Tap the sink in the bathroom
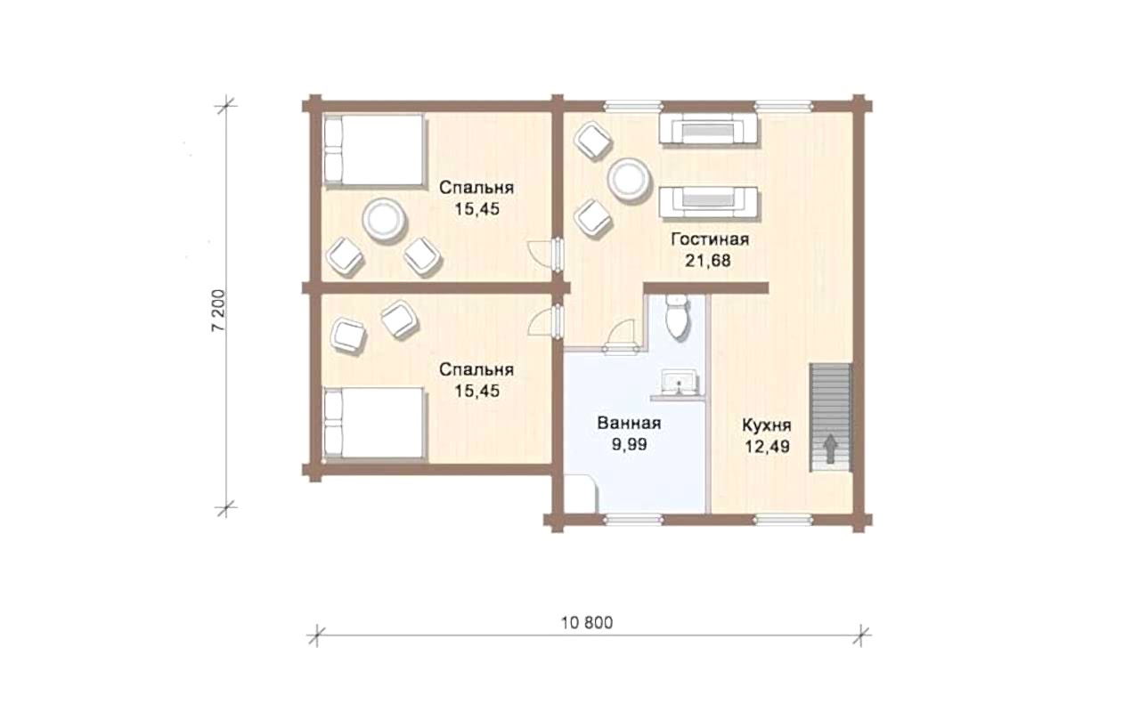click(680, 383)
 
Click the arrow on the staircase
click(831, 449)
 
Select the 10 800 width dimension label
click(587, 623)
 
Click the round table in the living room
click(629, 179)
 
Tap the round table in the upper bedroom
click(384, 220)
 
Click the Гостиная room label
click(710, 239)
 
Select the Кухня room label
click(767, 425)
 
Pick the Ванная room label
click(629, 423)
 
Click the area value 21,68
click(707, 261)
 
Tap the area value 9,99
click(629, 445)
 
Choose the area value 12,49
click(768, 447)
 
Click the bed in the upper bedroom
click(374, 150)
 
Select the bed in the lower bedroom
click(374, 425)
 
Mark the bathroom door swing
click(620, 335)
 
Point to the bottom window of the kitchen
click(783, 519)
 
